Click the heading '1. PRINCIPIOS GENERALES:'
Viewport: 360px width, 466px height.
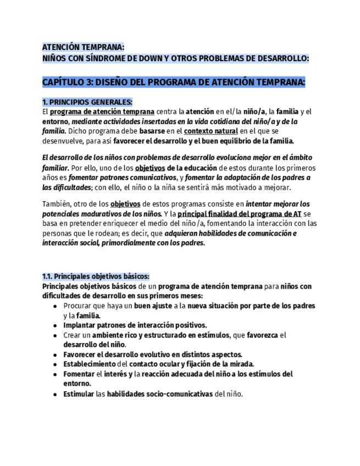(x=87, y=102)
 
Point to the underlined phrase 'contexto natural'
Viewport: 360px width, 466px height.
(x=211, y=131)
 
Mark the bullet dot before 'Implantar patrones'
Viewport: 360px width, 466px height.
(x=56, y=325)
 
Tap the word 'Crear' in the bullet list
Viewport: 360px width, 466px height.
(x=72, y=335)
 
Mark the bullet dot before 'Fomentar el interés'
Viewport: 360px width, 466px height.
(x=56, y=374)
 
